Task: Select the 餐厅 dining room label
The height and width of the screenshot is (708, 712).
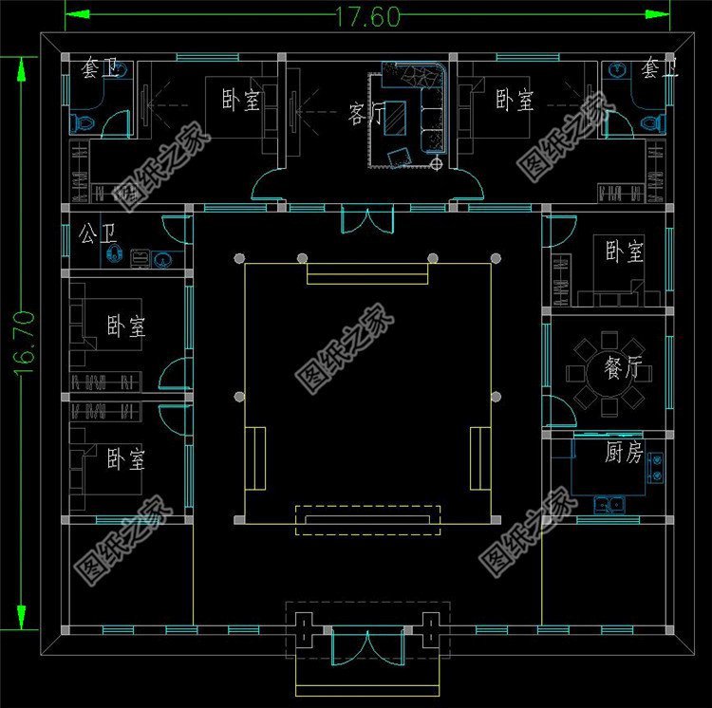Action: click(623, 368)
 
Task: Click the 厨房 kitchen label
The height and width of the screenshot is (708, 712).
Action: click(623, 453)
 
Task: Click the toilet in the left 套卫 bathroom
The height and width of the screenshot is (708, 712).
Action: click(83, 121)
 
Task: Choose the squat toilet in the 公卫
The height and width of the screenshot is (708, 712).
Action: click(115, 254)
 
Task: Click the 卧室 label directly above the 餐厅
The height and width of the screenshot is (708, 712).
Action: click(624, 252)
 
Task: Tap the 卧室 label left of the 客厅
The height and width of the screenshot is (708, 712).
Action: click(240, 101)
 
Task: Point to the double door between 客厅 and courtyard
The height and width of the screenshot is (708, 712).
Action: click(367, 218)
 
